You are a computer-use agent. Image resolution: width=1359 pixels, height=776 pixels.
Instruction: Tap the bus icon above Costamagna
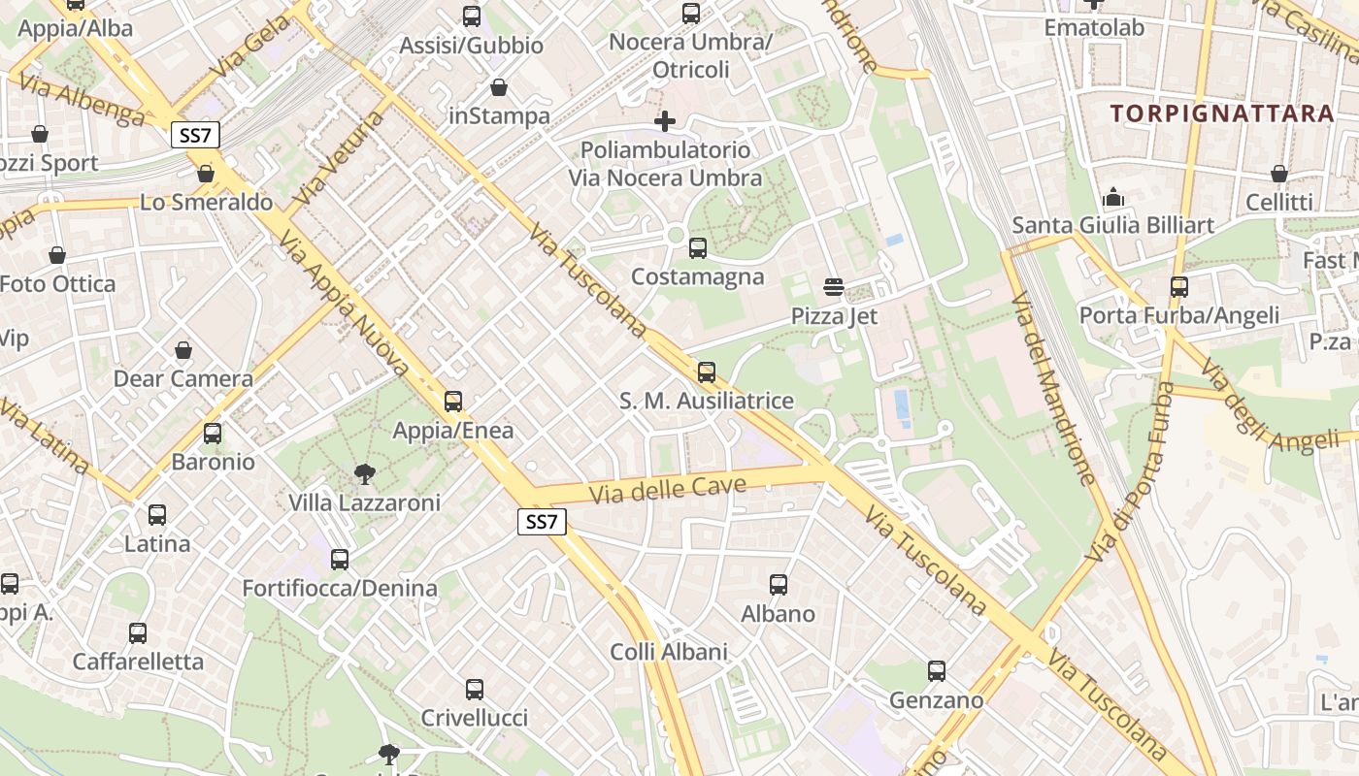coord(697,248)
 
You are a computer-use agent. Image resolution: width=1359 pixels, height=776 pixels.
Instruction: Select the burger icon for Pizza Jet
coord(833,287)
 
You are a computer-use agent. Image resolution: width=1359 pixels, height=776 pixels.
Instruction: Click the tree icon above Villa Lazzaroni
coord(365,474)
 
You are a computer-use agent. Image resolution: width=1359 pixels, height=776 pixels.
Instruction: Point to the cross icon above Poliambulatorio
coord(665,121)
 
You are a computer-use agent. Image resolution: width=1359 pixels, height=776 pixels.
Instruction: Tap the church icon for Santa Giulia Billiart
coord(1113,198)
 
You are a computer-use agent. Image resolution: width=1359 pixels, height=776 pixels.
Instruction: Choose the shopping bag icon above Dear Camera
coord(183,350)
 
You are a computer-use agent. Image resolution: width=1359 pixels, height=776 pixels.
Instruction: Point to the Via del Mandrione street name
coord(1053,388)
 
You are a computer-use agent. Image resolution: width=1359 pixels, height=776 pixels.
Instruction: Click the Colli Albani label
coord(669,652)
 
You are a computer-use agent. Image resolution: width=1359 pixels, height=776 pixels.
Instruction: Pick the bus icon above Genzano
coord(936,671)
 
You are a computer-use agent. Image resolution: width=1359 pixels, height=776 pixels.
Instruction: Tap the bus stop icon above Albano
coord(779,585)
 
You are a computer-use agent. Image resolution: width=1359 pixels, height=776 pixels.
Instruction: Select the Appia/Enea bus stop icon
coord(453,402)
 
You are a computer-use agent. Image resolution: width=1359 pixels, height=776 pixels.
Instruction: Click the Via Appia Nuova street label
coord(345,303)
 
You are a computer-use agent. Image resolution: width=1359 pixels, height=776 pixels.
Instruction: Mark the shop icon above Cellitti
coord(1278,175)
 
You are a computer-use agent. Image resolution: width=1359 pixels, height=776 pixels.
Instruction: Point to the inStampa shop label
coord(500,116)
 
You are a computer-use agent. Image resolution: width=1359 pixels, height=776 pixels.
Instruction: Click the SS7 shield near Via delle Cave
coord(541,522)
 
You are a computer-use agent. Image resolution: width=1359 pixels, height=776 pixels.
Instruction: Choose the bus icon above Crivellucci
coord(474,690)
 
